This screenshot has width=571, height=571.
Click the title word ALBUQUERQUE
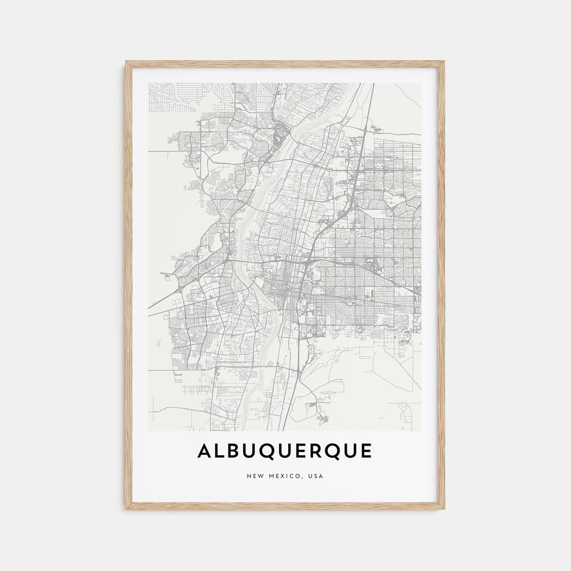(285, 451)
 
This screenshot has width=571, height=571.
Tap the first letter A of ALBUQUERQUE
(205, 451)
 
